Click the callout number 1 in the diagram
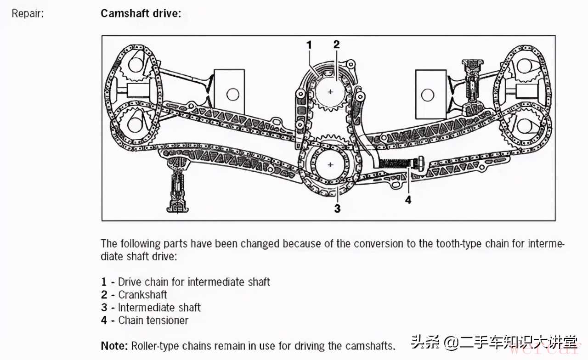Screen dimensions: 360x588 [309, 45]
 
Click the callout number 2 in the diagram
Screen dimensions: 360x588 [336, 45]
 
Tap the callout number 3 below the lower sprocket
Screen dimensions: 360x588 [337, 208]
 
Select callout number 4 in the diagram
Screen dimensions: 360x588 [408, 199]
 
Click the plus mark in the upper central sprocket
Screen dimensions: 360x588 [330, 92]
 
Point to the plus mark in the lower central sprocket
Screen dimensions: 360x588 [330, 164]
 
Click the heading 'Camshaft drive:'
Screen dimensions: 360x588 [141, 13]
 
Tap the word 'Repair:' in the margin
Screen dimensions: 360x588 [28, 13]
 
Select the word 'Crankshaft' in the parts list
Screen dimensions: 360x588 [143, 295]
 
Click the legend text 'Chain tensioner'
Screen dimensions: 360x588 [153, 321]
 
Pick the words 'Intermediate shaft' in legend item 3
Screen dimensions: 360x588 [159, 308]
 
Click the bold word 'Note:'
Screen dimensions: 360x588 [114, 345]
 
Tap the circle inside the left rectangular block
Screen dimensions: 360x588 [233, 95]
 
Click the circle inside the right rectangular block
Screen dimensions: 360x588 [428, 95]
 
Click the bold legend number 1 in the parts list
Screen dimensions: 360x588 [104, 282]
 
